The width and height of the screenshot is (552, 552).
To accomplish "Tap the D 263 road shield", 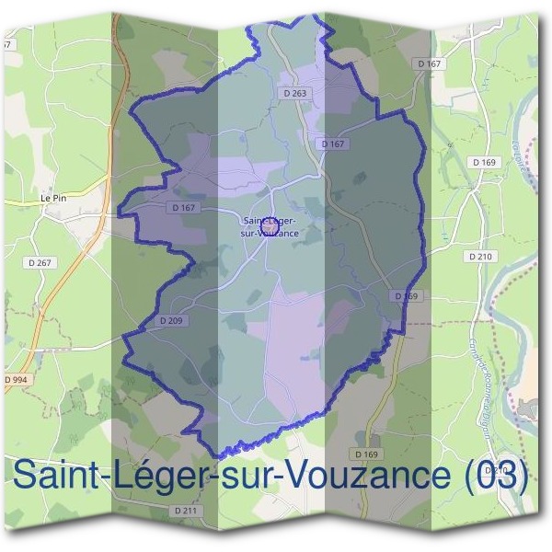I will [294, 93].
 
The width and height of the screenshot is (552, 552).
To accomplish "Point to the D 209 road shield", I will [170, 321].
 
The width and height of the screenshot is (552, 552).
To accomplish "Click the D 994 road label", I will [16, 379].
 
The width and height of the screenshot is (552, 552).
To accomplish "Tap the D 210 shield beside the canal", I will [480, 256].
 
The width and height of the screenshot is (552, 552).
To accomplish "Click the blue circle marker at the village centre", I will [269, 223].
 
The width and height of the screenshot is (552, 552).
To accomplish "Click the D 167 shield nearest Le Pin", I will [184, 208].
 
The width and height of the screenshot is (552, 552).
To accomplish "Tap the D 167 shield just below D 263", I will [332, 144].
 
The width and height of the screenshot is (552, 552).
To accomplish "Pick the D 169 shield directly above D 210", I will [484, 162].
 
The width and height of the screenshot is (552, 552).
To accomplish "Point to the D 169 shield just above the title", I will [366, 454].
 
